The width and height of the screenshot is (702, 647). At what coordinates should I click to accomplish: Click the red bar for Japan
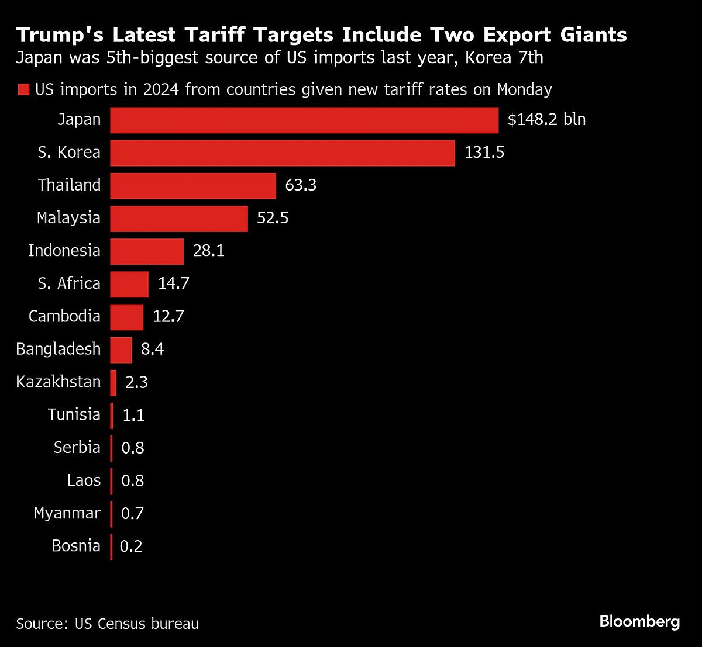point(304,120)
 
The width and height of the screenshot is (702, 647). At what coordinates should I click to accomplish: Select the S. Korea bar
point(283,153)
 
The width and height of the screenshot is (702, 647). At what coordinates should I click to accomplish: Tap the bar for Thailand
point(193,185)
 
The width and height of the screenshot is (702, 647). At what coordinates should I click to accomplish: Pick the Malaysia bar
point(179,218)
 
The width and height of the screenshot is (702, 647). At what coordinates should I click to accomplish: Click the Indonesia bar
point(147,251)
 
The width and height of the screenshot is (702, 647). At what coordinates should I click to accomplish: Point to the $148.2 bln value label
point(546,120)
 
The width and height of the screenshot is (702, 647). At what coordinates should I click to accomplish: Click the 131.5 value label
point(484,153)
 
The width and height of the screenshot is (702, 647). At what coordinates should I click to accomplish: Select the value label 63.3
point(301,185)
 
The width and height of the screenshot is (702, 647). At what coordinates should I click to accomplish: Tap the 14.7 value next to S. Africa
point(174,283)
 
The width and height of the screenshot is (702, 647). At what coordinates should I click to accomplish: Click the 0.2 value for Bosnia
point(131,546)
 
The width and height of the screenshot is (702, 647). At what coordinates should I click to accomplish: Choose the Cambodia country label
point(64,316)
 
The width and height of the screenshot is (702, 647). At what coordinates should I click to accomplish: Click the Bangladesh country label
point(58,349)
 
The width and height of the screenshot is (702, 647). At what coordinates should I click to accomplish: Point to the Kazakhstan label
point(58,382)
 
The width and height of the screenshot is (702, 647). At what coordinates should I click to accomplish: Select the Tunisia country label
point(74,414)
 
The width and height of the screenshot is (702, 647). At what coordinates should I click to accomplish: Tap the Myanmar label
point(67,513)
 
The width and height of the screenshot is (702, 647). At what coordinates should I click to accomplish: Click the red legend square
point(23,89)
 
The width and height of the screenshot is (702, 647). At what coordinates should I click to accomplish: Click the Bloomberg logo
point(639,621)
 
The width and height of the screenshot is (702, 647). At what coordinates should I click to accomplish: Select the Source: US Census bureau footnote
point(108,624)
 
